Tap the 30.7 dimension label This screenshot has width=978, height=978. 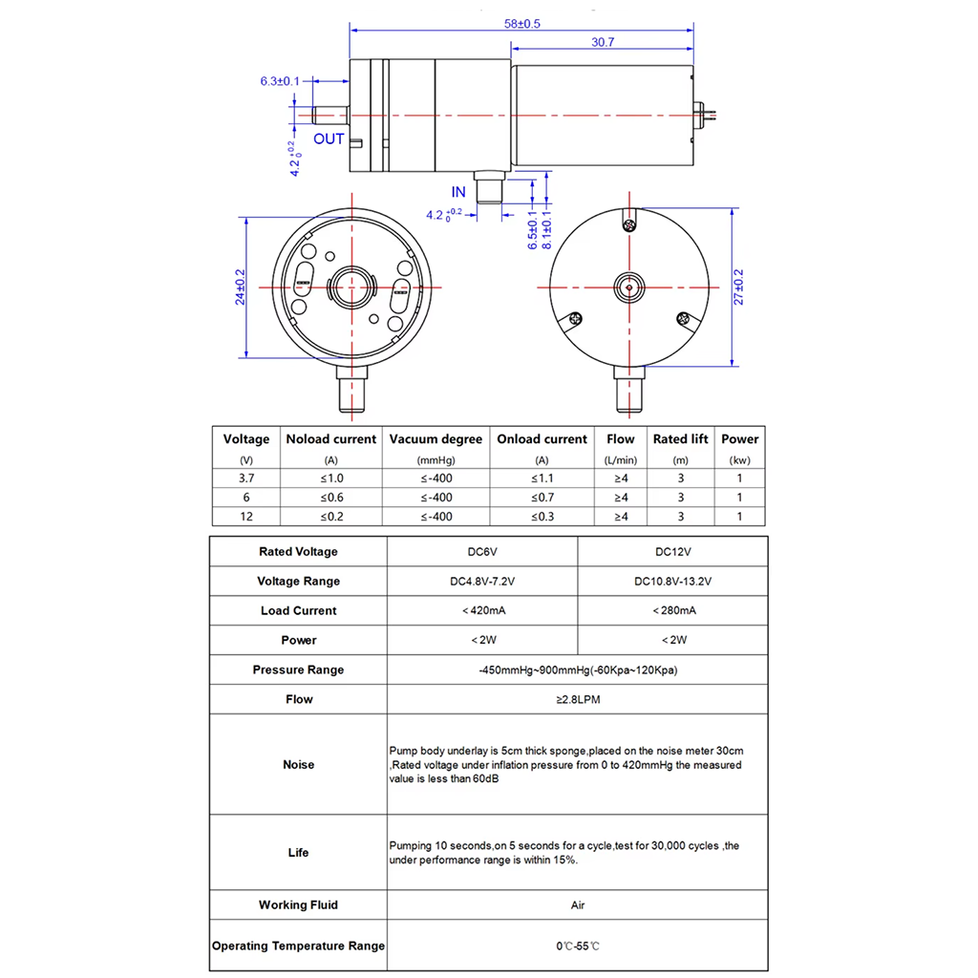[x=603, y=42]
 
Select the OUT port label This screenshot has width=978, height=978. [x=329, y=139]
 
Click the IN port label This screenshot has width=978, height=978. [x=459, y=193]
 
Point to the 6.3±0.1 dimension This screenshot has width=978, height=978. [x=280, y=81]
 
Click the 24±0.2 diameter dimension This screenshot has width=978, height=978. [x=240, y=287]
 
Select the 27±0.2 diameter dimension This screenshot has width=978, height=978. [x=736, y=287]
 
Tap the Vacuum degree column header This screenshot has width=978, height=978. [x=436, y=439]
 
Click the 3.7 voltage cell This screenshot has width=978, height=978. [x=246, y=478]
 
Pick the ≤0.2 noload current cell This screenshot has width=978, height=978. [x=331, y=516]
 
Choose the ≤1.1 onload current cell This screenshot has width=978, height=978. [x=542, y=478]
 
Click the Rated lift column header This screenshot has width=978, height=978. [x=680, y=439]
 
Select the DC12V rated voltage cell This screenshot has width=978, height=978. [x=672, y=552]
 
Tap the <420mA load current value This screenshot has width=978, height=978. [x=482, y=611]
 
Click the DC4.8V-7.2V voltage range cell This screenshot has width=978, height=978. [x=482, y=582]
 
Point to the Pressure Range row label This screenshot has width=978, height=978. [x=298, y=670]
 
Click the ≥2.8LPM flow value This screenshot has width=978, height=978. [x=577, y=700]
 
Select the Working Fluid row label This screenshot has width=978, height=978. [x=298, y=905]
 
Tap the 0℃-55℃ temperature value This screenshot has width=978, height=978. [x=577, y=946]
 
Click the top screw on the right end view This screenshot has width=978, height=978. [x=629, y=224]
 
